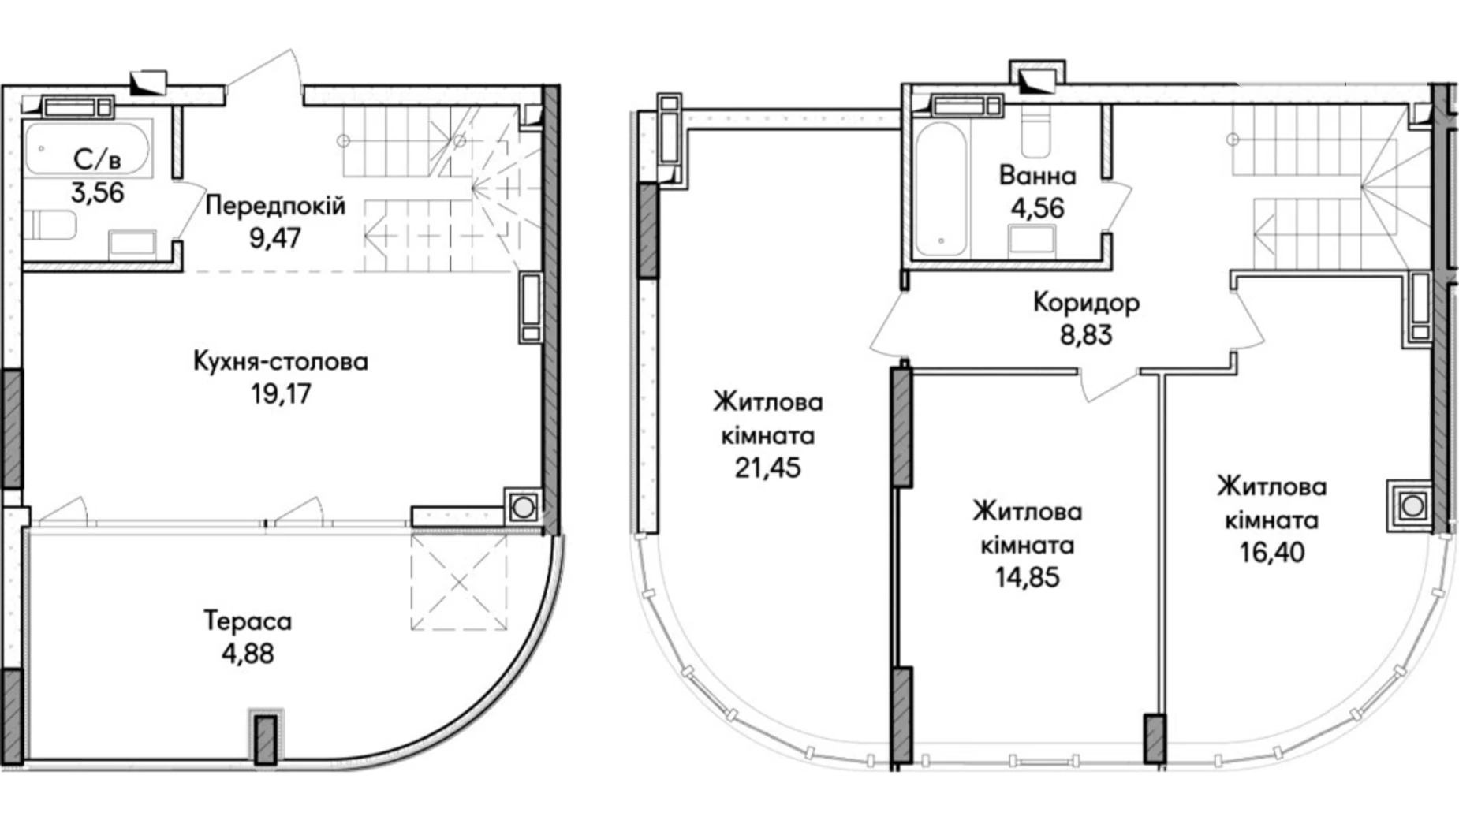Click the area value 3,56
pos(98,192)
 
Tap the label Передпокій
pos(275,206)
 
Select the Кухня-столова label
pos(281,362)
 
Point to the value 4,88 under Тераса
pos(248,654)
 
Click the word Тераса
pos(248,621)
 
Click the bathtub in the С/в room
pos(87,147)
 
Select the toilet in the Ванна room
pos(1035,129)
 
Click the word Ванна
pos(1037,175)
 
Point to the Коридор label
pos(1086,303)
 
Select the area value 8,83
pos(1086,335)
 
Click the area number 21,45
pos(767,468)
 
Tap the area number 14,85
pos(1027,577)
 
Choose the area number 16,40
pos(1271,552)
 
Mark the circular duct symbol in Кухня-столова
pos(523,507)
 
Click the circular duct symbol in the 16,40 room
pos(1412,505)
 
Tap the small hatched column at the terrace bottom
pos(265,739)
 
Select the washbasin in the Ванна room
pos(1032,237)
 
